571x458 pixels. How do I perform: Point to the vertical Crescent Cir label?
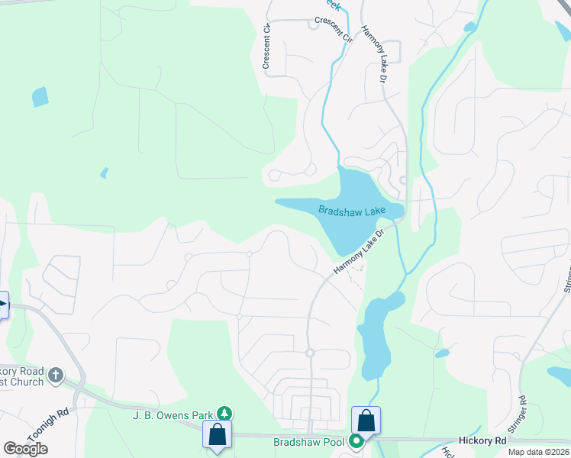click(267, 47)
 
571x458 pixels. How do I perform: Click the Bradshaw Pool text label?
click(309, 442)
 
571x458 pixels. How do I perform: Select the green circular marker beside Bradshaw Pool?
click(356, 441)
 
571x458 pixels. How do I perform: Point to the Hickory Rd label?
click(483, 441)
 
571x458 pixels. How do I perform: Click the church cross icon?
click(55, 375)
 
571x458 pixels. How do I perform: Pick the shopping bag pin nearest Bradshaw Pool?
click(366, 421)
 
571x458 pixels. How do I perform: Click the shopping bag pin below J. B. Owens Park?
click(218, 434)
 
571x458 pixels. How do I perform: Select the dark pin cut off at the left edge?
click(2, 306)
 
